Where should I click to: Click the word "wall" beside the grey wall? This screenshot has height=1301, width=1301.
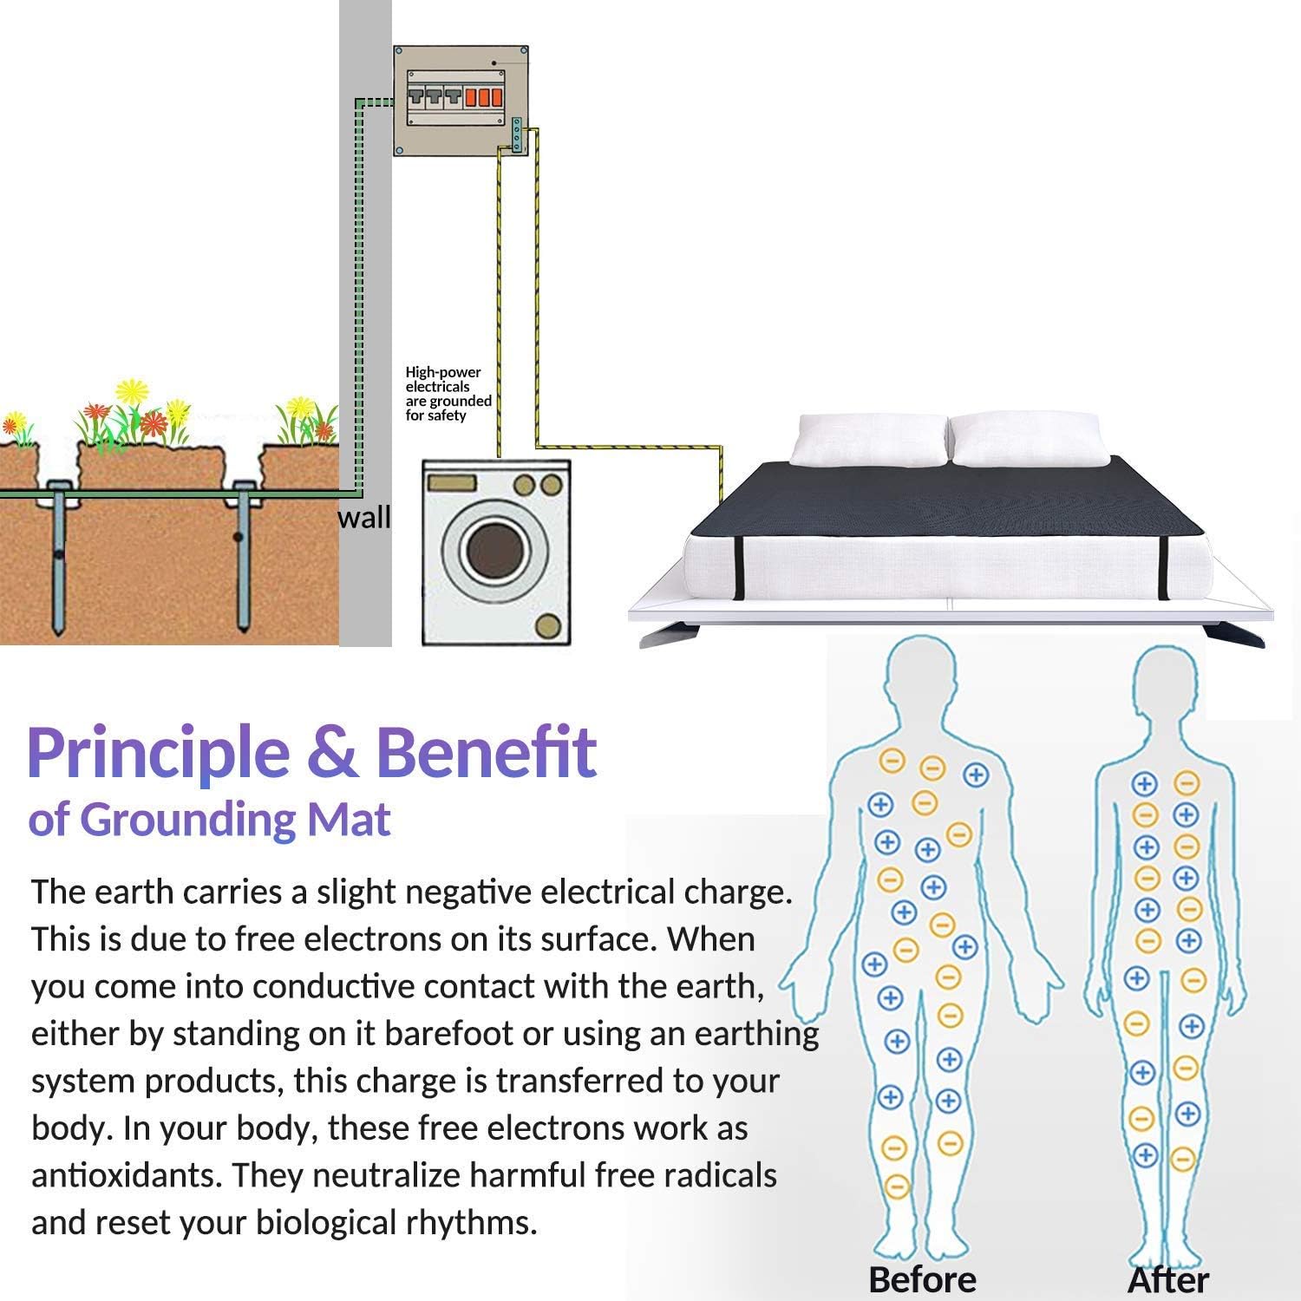(363, 518)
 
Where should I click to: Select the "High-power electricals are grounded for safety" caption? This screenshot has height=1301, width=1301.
(448, 394)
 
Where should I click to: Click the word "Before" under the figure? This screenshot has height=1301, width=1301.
(922, 1279)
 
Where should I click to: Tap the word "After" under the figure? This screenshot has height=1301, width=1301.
(1168, 1279)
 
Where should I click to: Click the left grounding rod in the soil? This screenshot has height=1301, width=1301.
(58, 559)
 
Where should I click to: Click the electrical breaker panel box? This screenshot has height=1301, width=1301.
(461, 101)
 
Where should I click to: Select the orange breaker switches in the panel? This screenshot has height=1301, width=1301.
(484, 96)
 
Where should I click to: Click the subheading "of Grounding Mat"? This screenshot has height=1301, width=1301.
(209, 820)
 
